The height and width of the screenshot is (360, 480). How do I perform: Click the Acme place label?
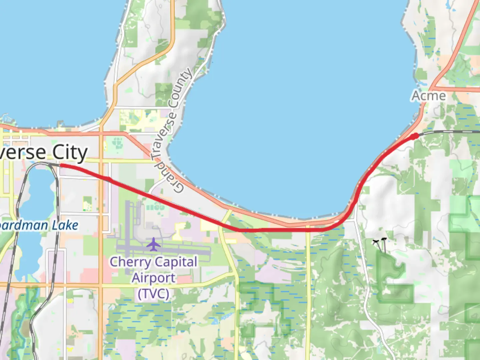[x=429, y=96]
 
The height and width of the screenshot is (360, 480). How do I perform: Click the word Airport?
[x=153, y=278]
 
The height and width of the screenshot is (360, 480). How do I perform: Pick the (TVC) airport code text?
[x=153, y=294]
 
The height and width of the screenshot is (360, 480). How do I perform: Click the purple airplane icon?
[x=153, y=244]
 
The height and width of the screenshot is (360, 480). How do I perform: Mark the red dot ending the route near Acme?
[x=415, y=136]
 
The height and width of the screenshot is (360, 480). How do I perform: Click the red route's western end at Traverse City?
[x=61, y=165]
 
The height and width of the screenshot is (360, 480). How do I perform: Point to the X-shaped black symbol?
[x=376, y=242]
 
